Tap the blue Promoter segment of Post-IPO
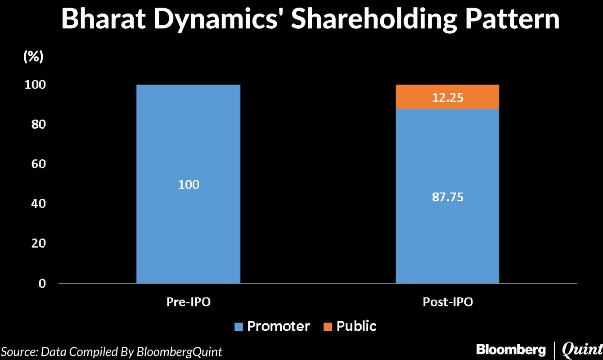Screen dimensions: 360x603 point(447,234)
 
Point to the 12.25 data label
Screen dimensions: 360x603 point(447,98)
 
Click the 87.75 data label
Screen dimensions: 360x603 point(447,197)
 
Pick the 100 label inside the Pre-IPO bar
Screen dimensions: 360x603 point(189,184)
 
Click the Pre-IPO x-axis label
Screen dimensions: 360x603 point(189,302)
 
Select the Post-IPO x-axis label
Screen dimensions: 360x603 point(448,302)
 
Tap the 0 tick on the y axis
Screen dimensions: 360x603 point(42,283)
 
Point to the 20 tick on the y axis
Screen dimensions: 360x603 point(39,243)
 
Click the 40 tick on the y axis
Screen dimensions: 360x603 point(39,204)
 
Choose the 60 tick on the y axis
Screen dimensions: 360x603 point(39,164)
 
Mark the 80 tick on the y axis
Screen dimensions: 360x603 point(39,124)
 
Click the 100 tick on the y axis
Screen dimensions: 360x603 point(36,85)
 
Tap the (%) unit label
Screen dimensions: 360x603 point(33,57)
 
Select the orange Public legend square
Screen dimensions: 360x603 point(327,326)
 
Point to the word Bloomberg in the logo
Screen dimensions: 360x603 point(510,349)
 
